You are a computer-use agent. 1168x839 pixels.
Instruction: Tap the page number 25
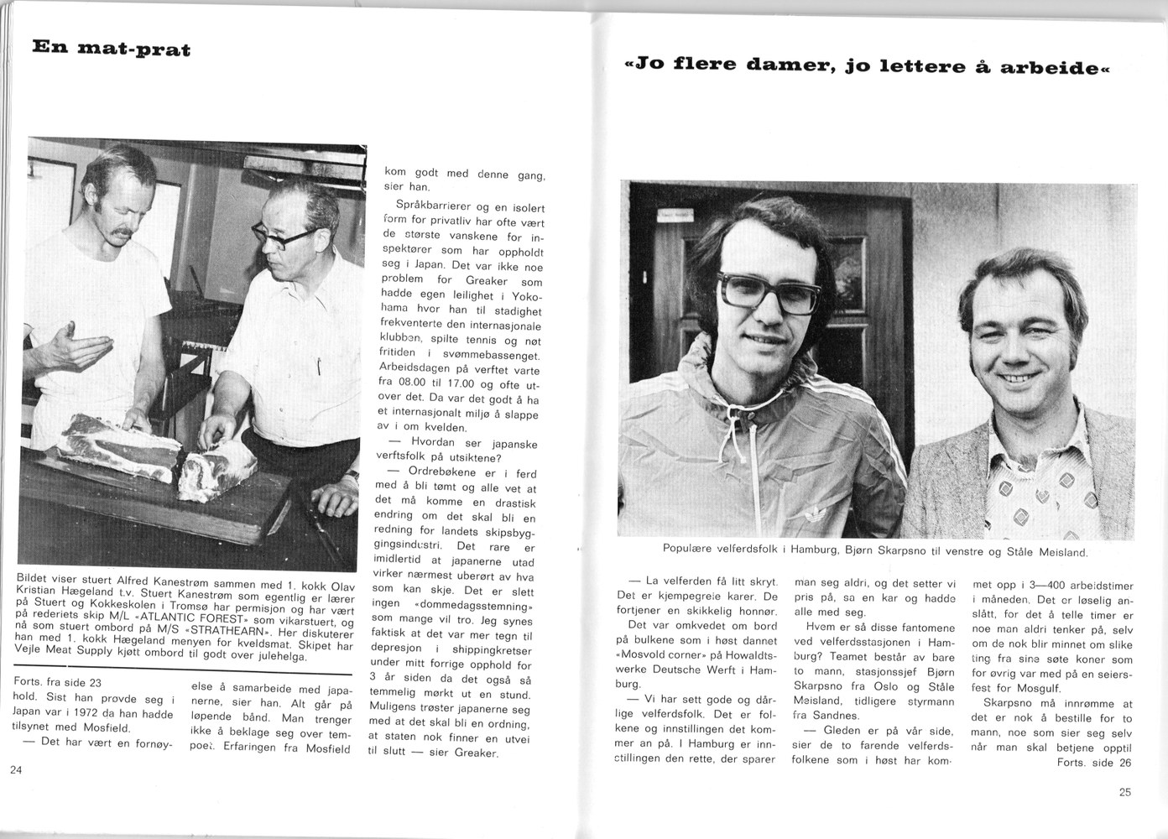(x=1125, y=791)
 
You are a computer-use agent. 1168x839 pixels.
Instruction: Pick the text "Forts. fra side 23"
(x=59, y=683)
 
